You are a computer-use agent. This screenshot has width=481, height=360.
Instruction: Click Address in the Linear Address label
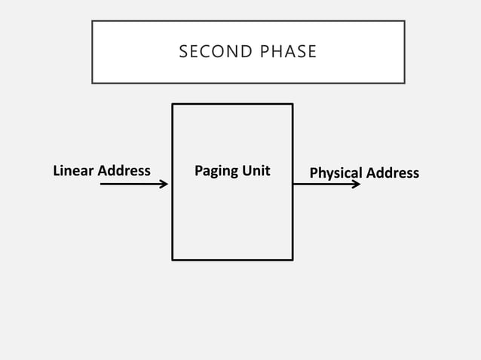coord(124,171)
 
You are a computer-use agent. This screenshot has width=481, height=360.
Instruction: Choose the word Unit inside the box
coord(256,171)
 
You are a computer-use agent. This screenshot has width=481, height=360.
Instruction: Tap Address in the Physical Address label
coord(392,173)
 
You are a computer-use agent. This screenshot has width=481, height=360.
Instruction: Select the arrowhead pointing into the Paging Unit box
coord(165,183)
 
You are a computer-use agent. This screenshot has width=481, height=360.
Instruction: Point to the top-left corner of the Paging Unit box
coord(173,104)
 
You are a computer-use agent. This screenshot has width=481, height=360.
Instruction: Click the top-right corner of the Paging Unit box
coord(293,104)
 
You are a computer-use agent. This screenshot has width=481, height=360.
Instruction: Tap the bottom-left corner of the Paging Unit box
coord(173,260)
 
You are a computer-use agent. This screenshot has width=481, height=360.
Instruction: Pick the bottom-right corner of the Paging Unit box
coord(293,260)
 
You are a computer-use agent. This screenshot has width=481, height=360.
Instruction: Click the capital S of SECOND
coord(183,52)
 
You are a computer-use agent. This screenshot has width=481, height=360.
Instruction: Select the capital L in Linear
coord(56,171)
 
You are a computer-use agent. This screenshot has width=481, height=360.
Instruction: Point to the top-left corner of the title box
coord(92,21)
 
